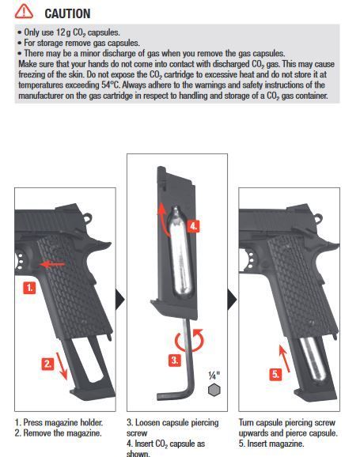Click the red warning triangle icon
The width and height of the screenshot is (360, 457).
[25, 12]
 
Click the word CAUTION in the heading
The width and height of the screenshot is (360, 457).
[66, 13]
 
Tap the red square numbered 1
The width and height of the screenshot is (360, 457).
[28, 289]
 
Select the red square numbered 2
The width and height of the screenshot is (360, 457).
[47, 364]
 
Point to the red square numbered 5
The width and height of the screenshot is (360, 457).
[276, 375]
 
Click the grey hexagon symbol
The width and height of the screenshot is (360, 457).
[213, 390]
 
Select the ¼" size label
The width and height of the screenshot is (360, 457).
[213, 375]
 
